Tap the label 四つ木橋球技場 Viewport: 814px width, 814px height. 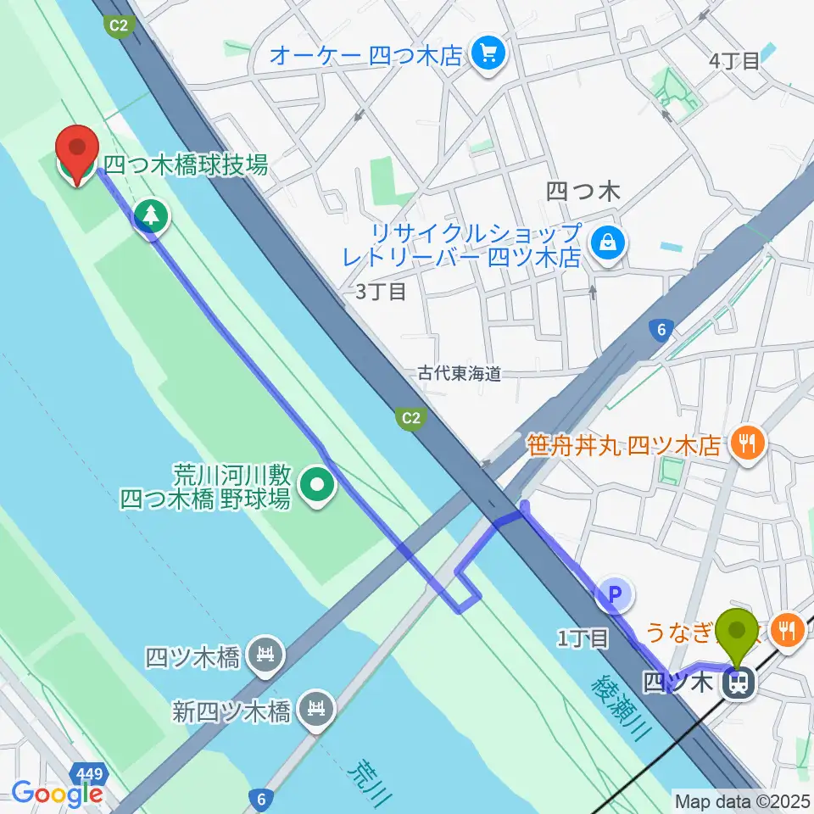pyautogui.click(x=186, y=164)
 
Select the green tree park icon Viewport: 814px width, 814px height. pyautogui.click(x=151, y=215)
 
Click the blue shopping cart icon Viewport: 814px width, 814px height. pyautogui.click(x=488, y=55)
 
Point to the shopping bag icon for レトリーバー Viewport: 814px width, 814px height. pyautogui.click(x=608, y=243)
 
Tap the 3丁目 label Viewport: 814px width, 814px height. pyautogui.click(x=381, y=293)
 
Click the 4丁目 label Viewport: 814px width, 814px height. pyautogui.click(x=734, y=60)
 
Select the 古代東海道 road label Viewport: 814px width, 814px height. pyautogui.click(x=460, y=373)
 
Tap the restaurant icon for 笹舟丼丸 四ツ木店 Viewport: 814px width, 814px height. pyautogui.click(x=746, y=441)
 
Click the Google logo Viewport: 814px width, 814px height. pyautogui.click(x=57, y=793)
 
